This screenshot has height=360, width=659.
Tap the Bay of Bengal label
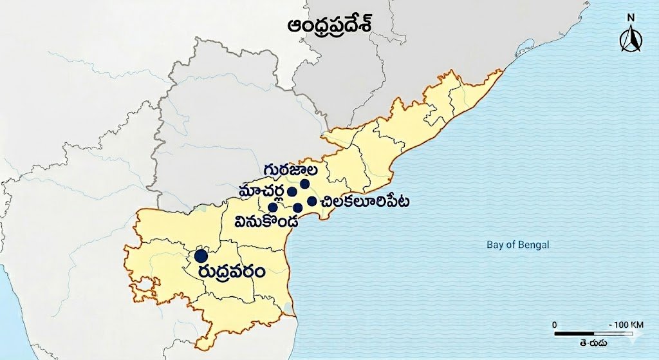tap(517, 245)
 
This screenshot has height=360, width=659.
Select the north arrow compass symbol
tap(631, 41)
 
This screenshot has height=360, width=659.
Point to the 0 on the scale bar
tap(555, 324)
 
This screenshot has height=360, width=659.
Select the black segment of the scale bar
tap(573, 334)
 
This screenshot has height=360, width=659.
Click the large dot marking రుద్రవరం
tap(201, 256)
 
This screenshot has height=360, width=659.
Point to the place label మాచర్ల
tap(261, 191)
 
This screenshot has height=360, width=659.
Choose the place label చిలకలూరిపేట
tap(364, 202)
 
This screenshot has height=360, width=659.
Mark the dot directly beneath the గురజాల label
tap(304, 184)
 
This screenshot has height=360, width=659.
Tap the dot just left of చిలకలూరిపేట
tap(312, 201)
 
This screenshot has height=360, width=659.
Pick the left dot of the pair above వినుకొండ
tap(273, 207)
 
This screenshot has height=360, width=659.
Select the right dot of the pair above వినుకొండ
tap(298, 207)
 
